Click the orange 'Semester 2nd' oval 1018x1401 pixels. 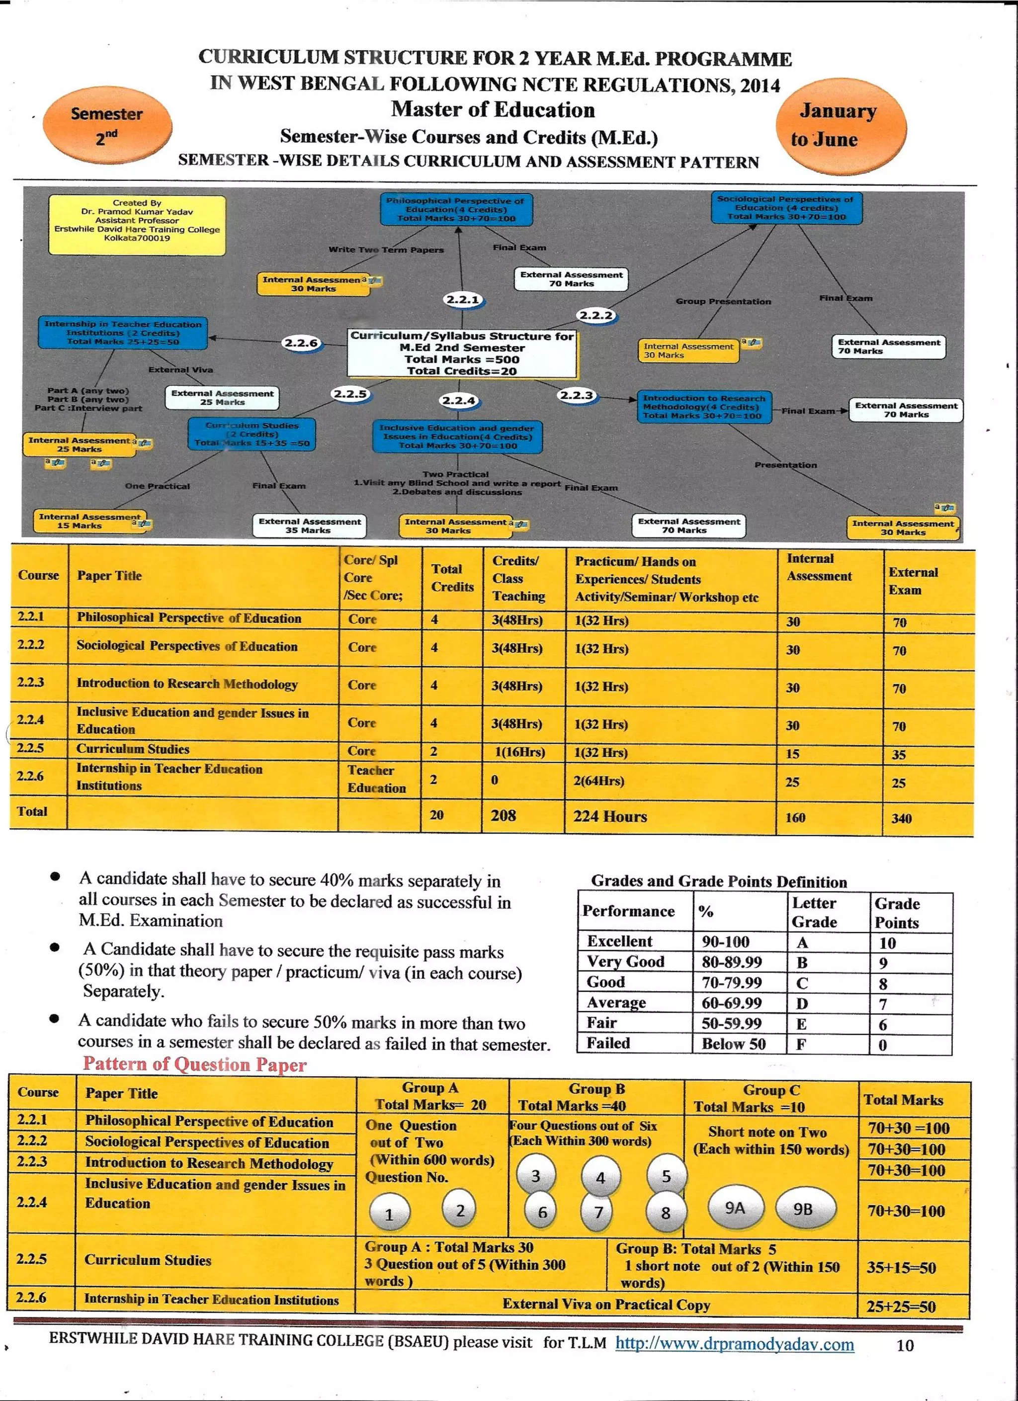[x=107, y=125]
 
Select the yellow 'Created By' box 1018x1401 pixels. [x=137, y=224]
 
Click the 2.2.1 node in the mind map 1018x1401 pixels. [x=463, y=300]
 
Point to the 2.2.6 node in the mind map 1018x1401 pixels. [x=301, y=343]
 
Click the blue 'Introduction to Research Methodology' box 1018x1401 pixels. [x=704, y=407]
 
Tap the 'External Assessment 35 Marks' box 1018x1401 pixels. [x=310, y=525]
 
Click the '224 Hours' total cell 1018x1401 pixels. [x=610, y=817]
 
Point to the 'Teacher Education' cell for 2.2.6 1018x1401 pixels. [x=376, y=779]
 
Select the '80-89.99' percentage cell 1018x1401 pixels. [x=732, y=963]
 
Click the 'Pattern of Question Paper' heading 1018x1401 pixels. [x=194, y=1064]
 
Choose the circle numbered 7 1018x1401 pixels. [x=598, y=1213]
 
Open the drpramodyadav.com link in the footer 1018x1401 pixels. [x=735, y=1344]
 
